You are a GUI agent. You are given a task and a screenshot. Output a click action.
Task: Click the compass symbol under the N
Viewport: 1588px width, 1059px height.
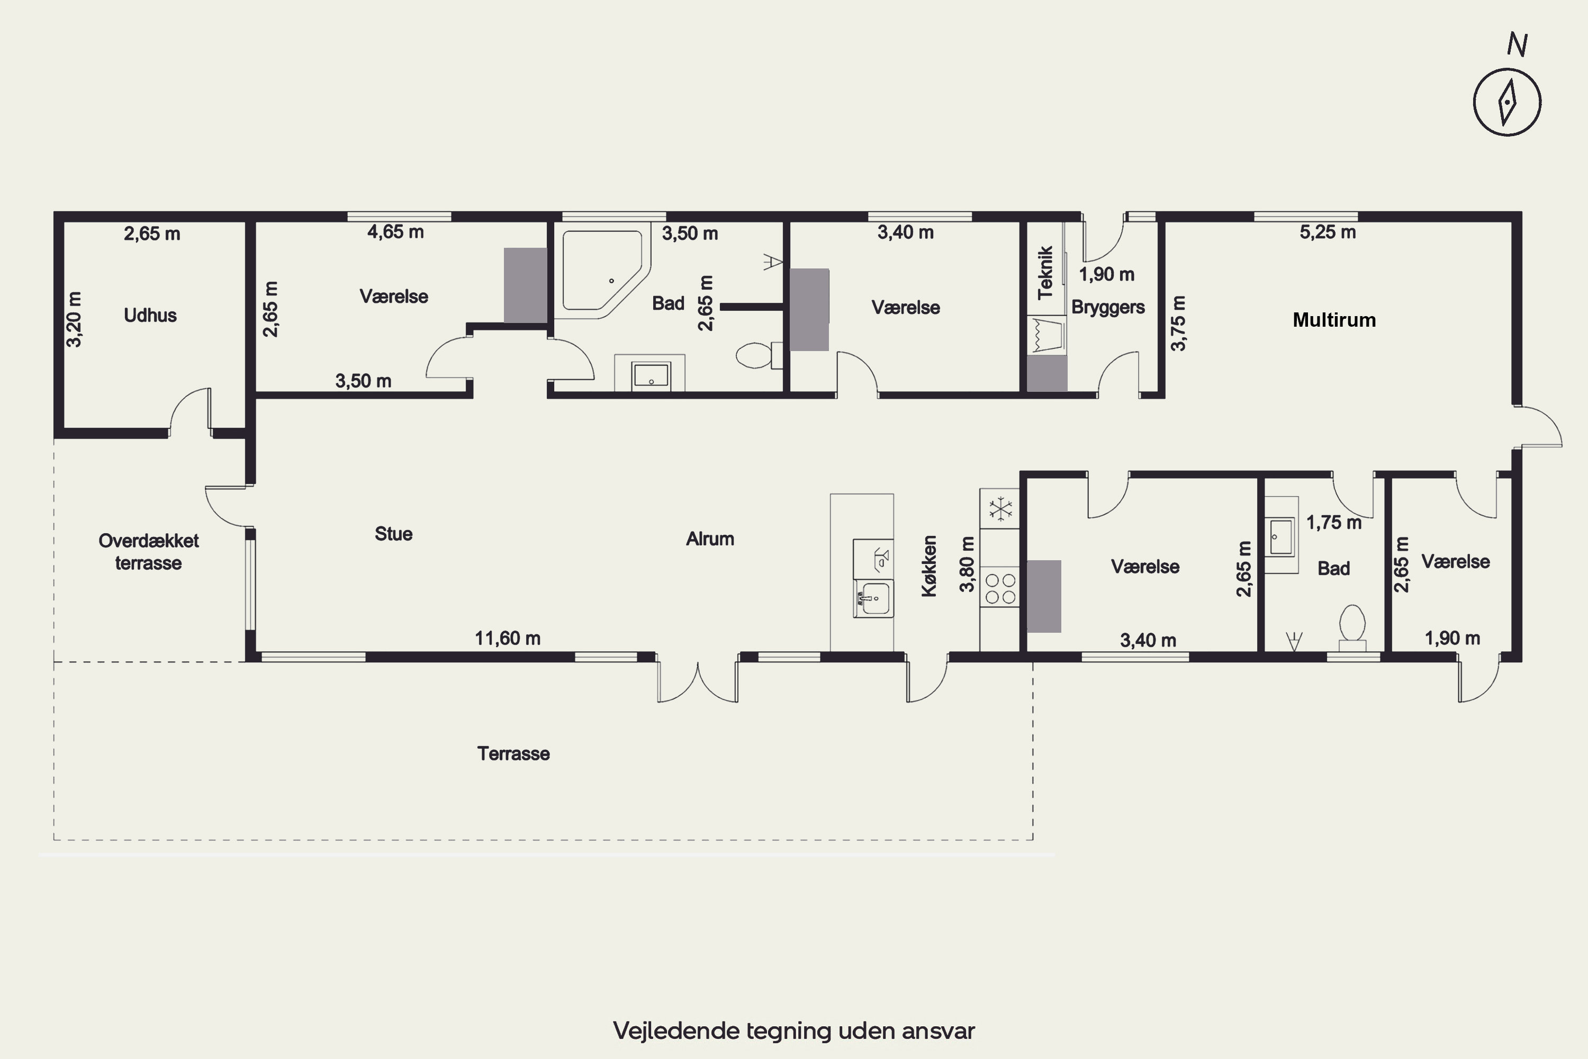click(x=1507, y=102)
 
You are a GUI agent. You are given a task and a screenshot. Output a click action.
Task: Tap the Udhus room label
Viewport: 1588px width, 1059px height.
click(x=150, y=316)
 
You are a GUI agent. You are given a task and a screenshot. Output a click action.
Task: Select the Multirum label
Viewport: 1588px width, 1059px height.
click(x=1334, y=320)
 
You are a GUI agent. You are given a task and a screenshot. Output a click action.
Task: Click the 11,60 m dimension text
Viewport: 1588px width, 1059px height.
click(x=508, y=638)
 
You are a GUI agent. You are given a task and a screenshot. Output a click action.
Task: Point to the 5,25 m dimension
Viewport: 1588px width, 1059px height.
click(x=1328, y=232)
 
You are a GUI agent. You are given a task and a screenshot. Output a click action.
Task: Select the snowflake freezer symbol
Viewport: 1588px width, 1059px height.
click(x=1000, y=509)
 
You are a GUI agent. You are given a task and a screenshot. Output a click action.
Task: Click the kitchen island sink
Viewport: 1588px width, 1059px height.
click(x=874, y=598)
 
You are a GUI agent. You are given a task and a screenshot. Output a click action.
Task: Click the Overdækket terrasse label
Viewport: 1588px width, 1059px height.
click(x=149, y=552)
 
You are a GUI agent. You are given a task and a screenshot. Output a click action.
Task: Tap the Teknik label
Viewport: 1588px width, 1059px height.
click(x=1045, y=272)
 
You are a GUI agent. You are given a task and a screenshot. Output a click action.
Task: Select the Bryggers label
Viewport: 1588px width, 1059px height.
click(x=1108, y=307)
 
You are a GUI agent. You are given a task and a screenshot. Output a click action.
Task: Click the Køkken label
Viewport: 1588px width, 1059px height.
click(x=929, y=566)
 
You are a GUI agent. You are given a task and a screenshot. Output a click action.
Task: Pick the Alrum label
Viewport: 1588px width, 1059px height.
click(x=710, y=539)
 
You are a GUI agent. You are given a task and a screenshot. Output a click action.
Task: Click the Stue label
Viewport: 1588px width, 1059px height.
click(x=394, y=534)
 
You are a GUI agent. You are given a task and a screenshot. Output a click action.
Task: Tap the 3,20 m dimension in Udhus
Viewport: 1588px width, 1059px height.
click(x=74, y=319)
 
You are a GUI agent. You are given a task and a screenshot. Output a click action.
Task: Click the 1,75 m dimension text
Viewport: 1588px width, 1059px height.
click(x=1333, y=523)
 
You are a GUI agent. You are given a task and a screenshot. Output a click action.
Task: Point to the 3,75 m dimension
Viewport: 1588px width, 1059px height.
click(x=1178, y=324)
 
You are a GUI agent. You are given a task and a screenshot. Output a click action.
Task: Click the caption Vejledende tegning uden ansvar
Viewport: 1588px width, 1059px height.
click(x=794, y=1030)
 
